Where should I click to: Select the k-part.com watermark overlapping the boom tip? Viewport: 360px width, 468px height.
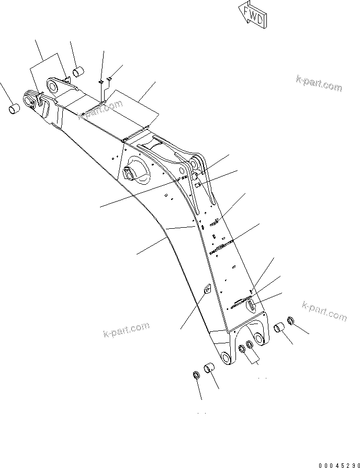click(99, 111)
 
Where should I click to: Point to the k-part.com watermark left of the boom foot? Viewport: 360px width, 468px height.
click(126, 330)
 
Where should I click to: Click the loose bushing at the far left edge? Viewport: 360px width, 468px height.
click(14, 109)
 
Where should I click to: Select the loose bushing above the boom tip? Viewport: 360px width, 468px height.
click(79, 71)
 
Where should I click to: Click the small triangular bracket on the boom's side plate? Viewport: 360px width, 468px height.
click(206, 289)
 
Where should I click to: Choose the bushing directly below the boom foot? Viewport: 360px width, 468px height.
click(210, 369)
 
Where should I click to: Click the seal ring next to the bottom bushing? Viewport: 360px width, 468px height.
click(196, 375)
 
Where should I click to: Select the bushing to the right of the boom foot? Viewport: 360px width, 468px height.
click(280, 329)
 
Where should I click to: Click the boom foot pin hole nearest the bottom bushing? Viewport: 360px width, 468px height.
click(226, 358)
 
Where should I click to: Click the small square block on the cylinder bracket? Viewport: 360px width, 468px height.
click(198, 184)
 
